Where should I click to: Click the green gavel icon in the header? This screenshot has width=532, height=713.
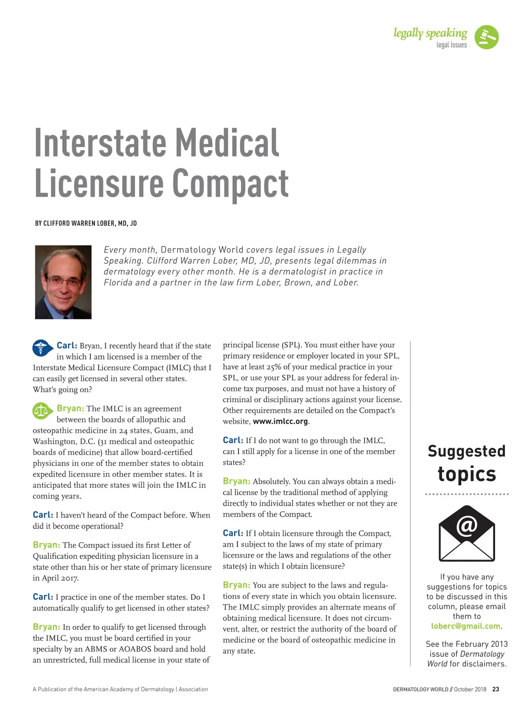coord(486,37)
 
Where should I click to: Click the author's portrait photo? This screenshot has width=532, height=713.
coord(63,282)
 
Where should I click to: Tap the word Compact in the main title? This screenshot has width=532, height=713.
coord(230,184)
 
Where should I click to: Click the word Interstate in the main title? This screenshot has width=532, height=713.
coord(100,143)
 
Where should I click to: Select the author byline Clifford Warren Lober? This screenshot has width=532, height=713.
coord(86,223)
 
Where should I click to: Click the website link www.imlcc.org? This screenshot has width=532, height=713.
coord(280,421)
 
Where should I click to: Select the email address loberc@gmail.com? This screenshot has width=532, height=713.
coord(465,626)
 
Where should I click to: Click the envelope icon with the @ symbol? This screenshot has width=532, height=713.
coord(467,534)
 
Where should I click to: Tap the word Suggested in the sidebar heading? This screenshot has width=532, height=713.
coord(467,451)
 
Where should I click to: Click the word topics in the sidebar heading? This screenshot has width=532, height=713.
coord(467,474)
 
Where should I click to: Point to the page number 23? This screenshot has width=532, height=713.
coord(496,689)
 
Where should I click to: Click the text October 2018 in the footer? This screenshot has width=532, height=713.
coord(470,689)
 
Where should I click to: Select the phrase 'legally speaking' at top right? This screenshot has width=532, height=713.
coord(430,33)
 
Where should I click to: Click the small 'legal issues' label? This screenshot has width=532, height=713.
coord(451,45)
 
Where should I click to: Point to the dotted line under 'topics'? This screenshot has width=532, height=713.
coord(467,494)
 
